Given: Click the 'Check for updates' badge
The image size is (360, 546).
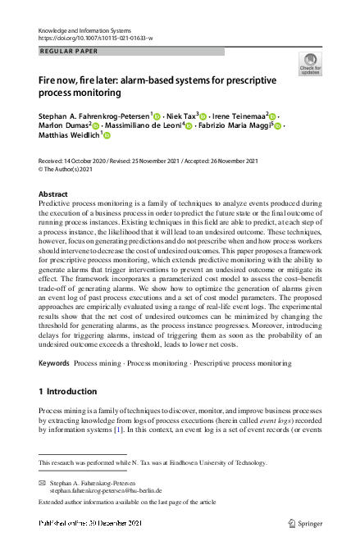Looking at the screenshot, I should click(310, 64).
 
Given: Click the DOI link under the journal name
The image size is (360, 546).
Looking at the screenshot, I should click(96, 39).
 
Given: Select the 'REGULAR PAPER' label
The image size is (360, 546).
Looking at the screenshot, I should click(69, 51).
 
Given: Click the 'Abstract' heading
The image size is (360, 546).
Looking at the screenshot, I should click(53, 194).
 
